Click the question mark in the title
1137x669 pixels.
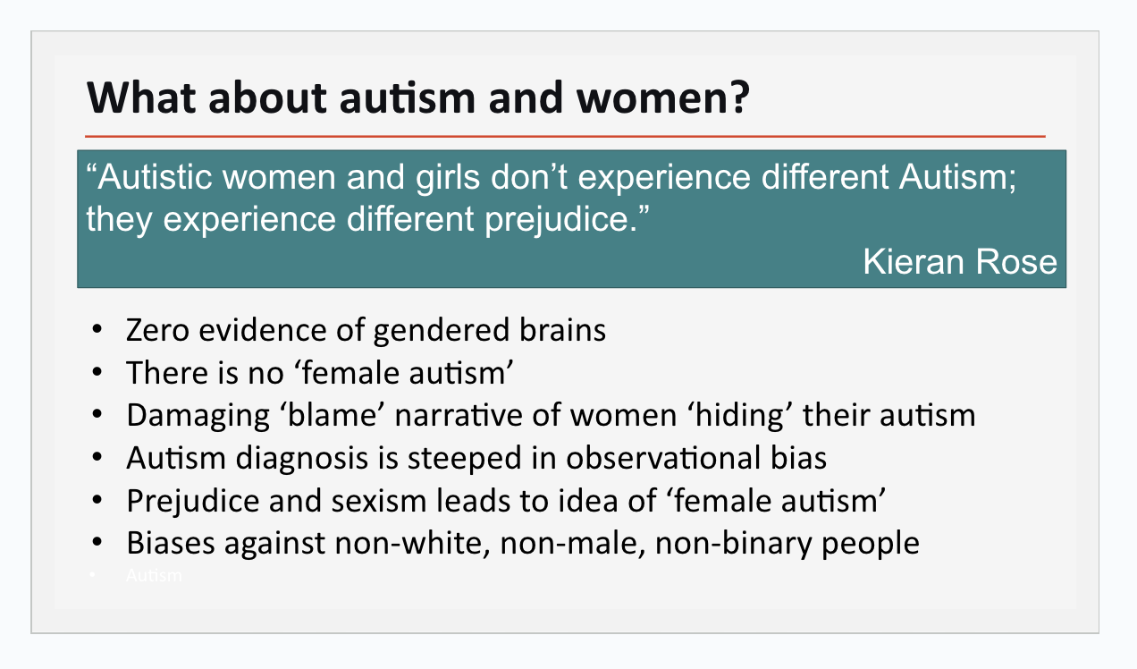pos(737,97)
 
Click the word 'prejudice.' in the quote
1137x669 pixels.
pos(560,220)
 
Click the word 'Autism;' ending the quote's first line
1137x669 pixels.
pos(957,177)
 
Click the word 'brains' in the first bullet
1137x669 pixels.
pos(562,329)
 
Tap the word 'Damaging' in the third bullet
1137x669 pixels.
pos(198,417)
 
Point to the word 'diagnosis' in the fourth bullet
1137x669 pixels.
pos(302,459)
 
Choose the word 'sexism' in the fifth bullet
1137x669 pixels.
pos(379,501)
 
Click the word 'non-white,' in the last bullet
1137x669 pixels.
pos(412,544)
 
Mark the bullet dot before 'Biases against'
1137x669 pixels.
pos(97,543)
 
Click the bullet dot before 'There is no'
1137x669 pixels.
pos(97,372)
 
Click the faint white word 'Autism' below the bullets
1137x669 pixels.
pos(154,575)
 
